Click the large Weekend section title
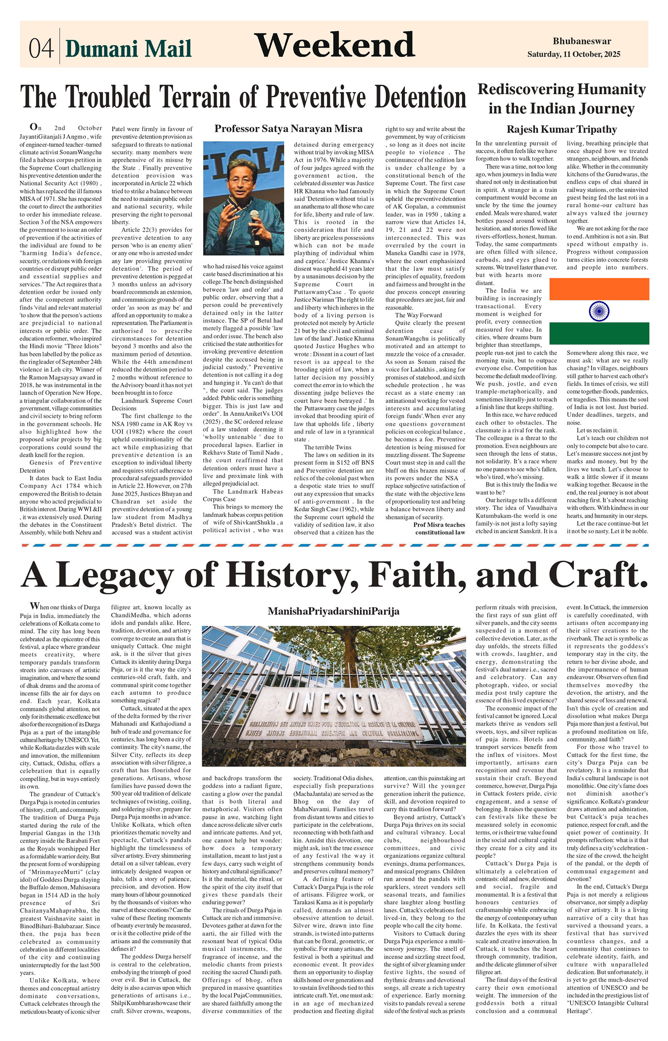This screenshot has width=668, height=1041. [x=334, y=45]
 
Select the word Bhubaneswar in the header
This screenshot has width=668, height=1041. [x=582, y=41]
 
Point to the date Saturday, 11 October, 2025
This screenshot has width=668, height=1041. [x=573, y=54]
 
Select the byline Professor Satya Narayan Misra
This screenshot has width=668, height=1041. [x=288, y=128]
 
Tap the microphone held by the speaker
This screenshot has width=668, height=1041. [x=254, y=217]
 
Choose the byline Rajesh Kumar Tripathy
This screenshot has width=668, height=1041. [x=561, y=129]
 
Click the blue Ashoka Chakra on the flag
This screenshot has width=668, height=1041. [x=599, y=311]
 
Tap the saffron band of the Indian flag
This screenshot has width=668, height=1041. [x=599, y=289]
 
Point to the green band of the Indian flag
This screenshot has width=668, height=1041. [x=599, y=333]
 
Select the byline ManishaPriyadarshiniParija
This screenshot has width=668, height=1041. [x=333, y=611]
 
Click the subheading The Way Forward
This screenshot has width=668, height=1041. [x=418, y=315]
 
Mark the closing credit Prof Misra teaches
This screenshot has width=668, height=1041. [x=439, y=525]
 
